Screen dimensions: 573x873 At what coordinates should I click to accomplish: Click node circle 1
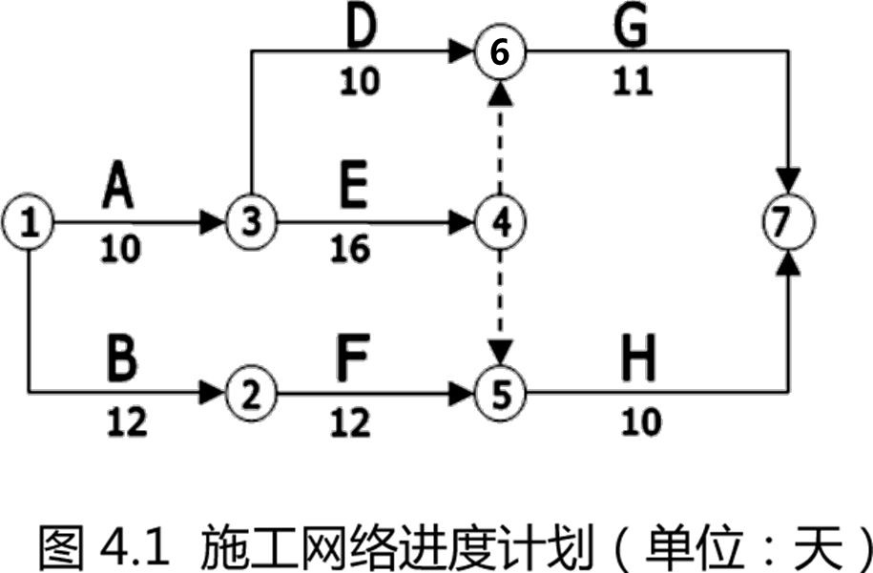point(30,223)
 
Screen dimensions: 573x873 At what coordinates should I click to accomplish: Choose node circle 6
point(500,51)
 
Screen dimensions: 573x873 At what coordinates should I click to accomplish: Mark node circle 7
point(789,223)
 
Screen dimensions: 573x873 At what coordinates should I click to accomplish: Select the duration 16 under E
point(350,250)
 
